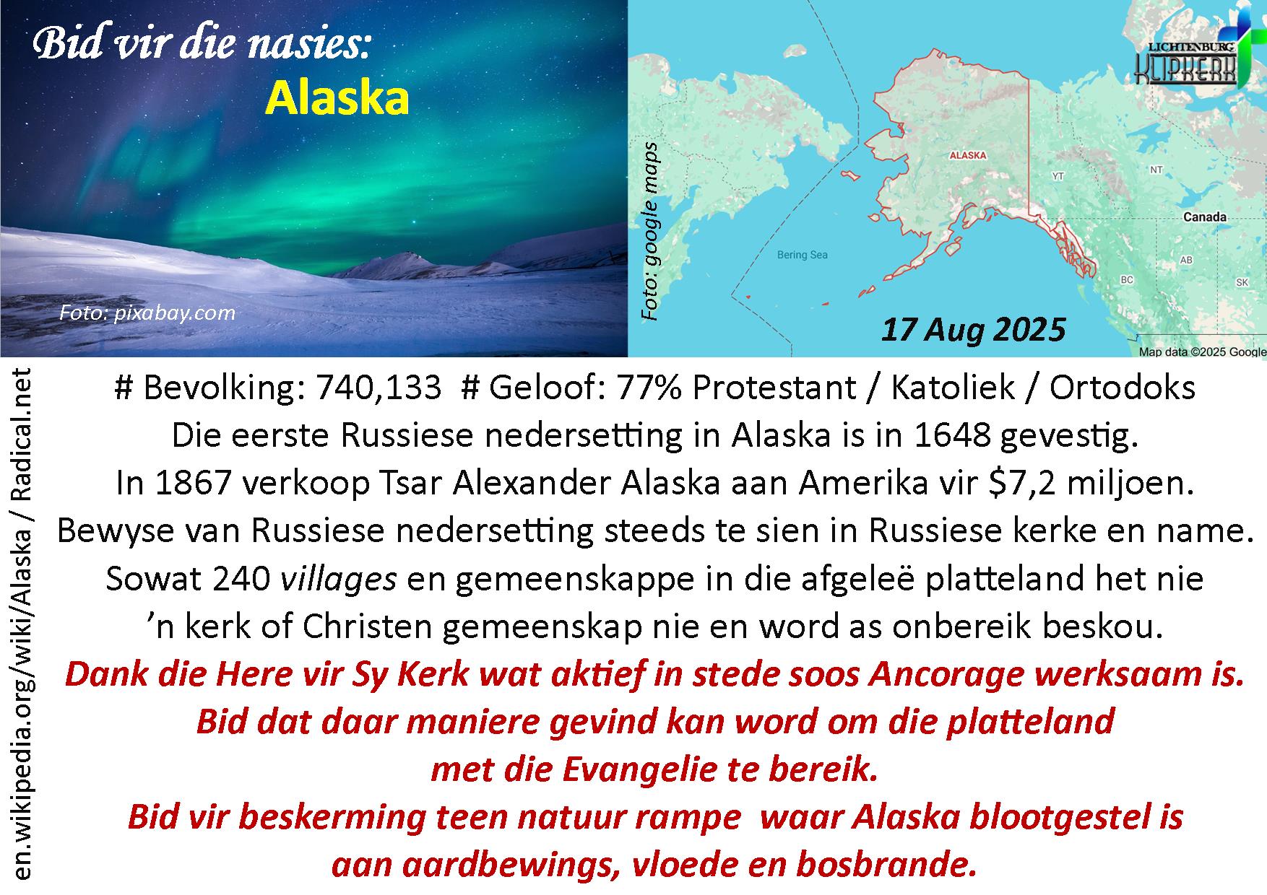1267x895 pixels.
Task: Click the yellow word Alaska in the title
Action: click(337, 98)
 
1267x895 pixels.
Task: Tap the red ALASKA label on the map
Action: click(967, 155)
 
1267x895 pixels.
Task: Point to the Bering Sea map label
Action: click(802, 254)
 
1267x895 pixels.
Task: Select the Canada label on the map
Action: click(1204, 217)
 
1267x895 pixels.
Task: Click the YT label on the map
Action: click(1058, 176)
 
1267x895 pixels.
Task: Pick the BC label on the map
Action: click(1127, 279)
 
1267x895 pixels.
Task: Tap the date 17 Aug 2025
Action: click(973, 329)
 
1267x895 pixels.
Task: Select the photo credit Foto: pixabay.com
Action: click(147, 313)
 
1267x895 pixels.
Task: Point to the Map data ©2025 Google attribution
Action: click(1202, 352)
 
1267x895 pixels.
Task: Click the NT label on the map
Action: click(1156, 170)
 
